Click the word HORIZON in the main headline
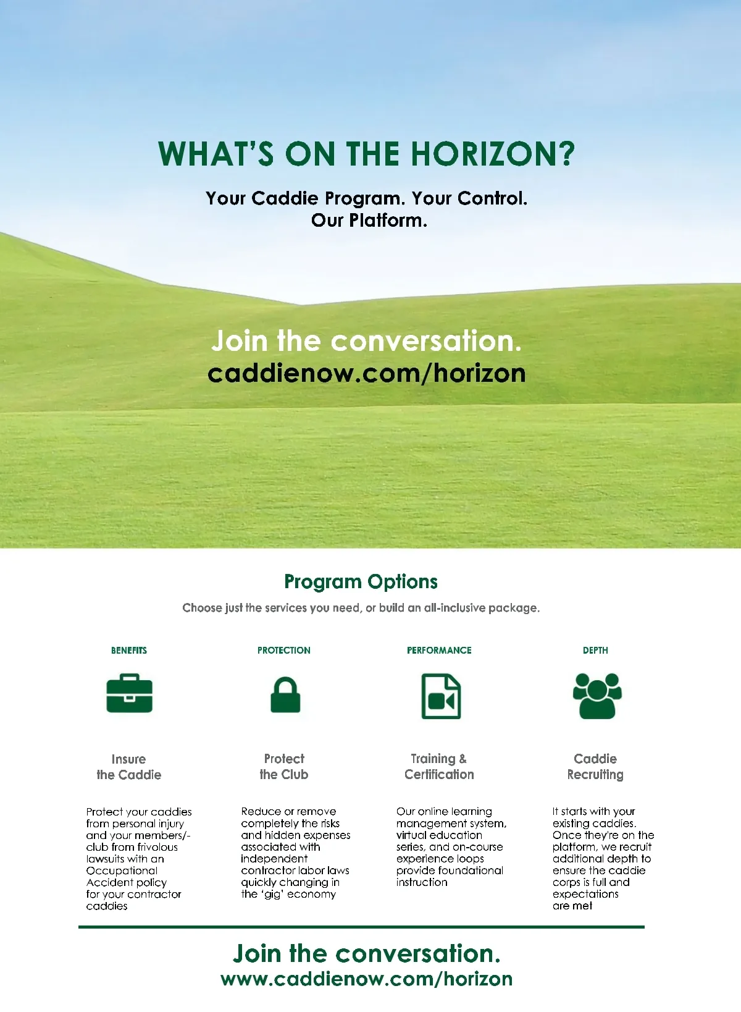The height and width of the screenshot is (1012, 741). point(493,154)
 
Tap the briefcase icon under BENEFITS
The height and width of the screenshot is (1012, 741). point(129,694)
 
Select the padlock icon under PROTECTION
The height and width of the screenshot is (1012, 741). point(285,695)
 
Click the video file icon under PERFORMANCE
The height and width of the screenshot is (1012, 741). point(441,696)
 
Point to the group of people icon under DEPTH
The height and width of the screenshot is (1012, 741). point(597,696)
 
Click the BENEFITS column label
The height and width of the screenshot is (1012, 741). point(129,651)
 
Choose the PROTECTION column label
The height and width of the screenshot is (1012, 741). point(284,651)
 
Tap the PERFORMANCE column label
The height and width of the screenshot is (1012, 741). point(439,651)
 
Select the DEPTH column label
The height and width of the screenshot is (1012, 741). point(595,651)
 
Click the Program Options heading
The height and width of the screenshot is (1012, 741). point(361,582)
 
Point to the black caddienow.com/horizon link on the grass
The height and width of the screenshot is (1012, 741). point(367,374)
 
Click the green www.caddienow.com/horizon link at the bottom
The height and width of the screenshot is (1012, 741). point(367,979)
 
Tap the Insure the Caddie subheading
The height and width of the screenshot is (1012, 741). point(128,767)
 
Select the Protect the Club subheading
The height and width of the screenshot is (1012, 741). point(284,767)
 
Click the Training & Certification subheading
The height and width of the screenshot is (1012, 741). point(439,767)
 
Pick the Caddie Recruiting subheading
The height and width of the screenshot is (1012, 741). point(595,767)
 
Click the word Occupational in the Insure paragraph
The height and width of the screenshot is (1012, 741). point(122,871)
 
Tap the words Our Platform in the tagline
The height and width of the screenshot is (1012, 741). point(369,221)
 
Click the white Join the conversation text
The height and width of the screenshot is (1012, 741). point(367,341)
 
